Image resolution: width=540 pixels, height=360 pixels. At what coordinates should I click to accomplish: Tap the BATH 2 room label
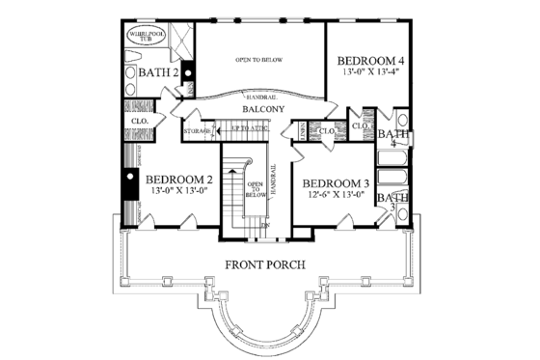tap(157, 71)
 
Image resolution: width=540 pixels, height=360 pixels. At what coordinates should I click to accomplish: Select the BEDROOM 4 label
tap(370, 58)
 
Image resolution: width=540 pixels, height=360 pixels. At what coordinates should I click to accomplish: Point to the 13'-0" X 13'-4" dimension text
tap(369, 71)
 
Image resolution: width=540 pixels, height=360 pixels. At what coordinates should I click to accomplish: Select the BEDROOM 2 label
tap(179, 179)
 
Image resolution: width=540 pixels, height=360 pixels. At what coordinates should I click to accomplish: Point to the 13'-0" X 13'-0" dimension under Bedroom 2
tap(179, 191)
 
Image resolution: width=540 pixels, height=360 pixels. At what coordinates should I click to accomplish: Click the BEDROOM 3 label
tap(337, 183)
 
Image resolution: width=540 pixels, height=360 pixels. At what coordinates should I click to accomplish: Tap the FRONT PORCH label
tap(265, 264)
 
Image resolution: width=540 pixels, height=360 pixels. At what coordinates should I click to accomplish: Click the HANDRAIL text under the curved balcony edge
tap(257, 98)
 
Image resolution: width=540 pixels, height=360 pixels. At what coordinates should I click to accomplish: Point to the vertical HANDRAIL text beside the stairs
tap(273, 182)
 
